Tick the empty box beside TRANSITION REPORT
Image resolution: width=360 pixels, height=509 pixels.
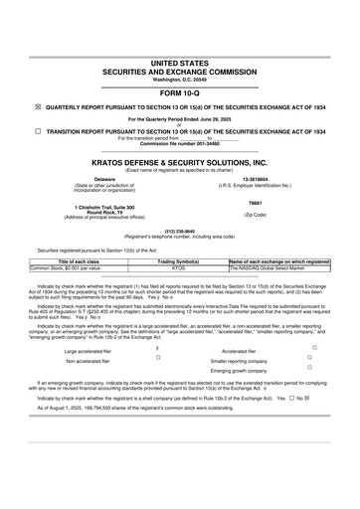[x=38, y=130]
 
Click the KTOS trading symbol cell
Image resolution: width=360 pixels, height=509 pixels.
[x=180, y=267]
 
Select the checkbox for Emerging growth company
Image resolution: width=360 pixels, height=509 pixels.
[x=342, y=371]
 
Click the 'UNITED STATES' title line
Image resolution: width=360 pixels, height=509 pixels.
[x=180, y=63]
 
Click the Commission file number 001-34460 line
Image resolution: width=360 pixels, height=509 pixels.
[x=180, y=144]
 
